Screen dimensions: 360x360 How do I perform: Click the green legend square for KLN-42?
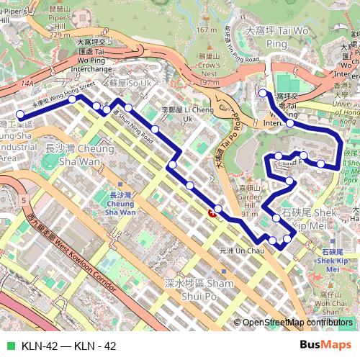9,346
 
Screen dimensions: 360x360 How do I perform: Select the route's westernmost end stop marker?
20,114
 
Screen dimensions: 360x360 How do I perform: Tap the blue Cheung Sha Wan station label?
120,204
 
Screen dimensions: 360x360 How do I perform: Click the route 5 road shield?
24,199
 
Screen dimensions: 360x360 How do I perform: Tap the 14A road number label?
28,85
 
